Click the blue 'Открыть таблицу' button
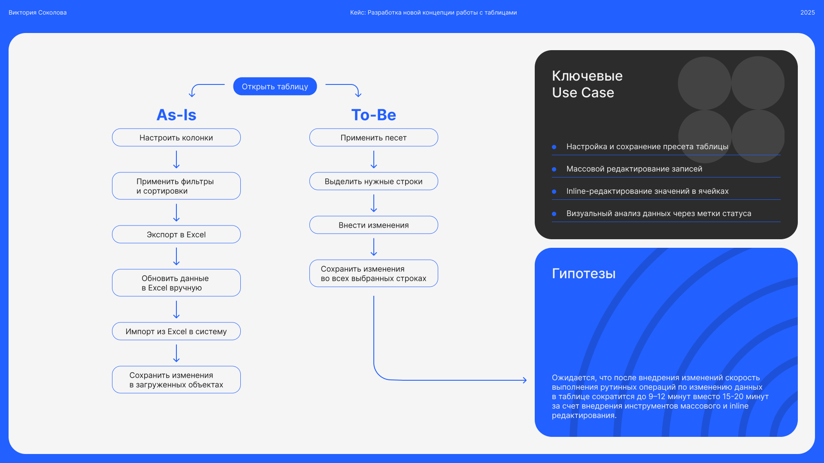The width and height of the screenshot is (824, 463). click(x=275, y=87)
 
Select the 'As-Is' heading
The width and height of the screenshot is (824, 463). click(x=176, y=115)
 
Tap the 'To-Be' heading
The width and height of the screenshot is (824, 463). click(x=373, y=115)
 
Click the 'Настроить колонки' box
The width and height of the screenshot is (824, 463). click(x=176, y=138)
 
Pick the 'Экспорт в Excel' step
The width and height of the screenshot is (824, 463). click(x=176, y=235)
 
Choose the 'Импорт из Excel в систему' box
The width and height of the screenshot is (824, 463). click(x=176, y=331)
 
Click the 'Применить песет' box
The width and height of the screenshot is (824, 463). click(x=373, y=138)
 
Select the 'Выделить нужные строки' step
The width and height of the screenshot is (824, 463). click(x=373, y=181)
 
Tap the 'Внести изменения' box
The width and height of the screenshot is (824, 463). click(x=373, y=225)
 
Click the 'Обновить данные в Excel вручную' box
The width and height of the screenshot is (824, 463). click(x=176, y=283)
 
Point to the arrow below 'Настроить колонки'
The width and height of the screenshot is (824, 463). click(x=176, y=159)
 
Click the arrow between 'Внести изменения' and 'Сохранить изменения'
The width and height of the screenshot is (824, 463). click(x=374, y=247)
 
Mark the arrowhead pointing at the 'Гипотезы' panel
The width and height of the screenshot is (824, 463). click(x=524, y=380)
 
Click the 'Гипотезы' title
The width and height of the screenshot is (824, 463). click(x=584, y=274)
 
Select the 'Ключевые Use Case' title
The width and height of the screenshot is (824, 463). click(x=587, y=84)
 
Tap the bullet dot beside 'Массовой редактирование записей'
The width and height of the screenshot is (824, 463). click(x=554, y=169)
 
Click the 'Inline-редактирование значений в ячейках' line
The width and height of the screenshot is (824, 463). click(x=647, y=191)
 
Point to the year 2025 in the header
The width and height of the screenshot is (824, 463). click(x=807, y=12)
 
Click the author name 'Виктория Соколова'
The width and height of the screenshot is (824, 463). click(x=38, y=12)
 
